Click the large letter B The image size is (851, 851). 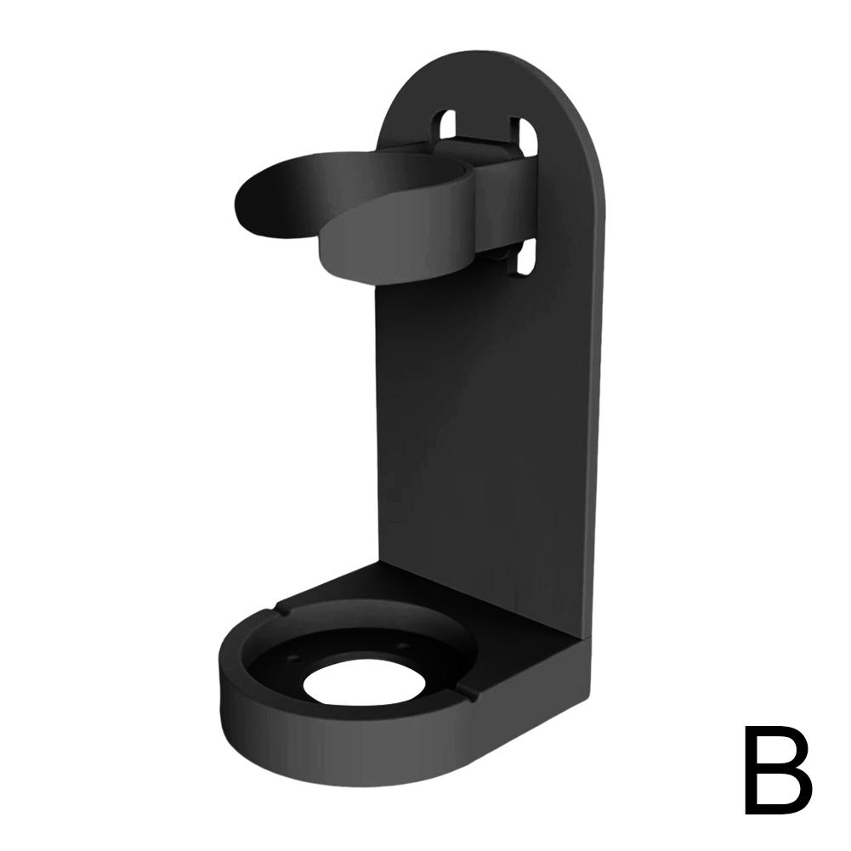click(x=776, y=770)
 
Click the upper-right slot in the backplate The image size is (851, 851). click(x=526, y=135)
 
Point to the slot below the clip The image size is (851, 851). click(x=525, y=258)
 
